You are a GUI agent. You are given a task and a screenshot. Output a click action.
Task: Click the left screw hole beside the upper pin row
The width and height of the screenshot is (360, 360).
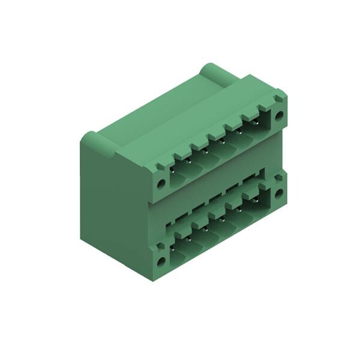pos(161,182)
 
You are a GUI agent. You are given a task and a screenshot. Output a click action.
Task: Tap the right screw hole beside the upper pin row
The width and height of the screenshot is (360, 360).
pos(278,116)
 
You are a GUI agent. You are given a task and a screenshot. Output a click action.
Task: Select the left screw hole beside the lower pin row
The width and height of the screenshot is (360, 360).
pos(161,262)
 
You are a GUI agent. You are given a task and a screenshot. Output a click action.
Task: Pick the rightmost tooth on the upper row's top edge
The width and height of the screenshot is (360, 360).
pos(264,108)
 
